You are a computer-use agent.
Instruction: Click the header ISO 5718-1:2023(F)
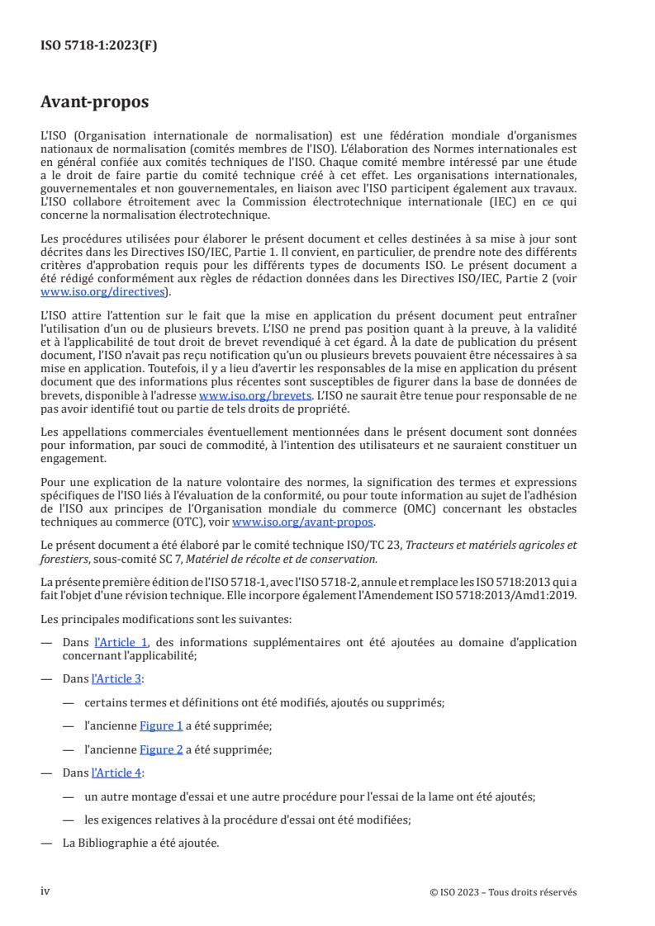tap(98, 46)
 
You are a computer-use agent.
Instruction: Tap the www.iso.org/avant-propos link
tap(304, 522)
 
